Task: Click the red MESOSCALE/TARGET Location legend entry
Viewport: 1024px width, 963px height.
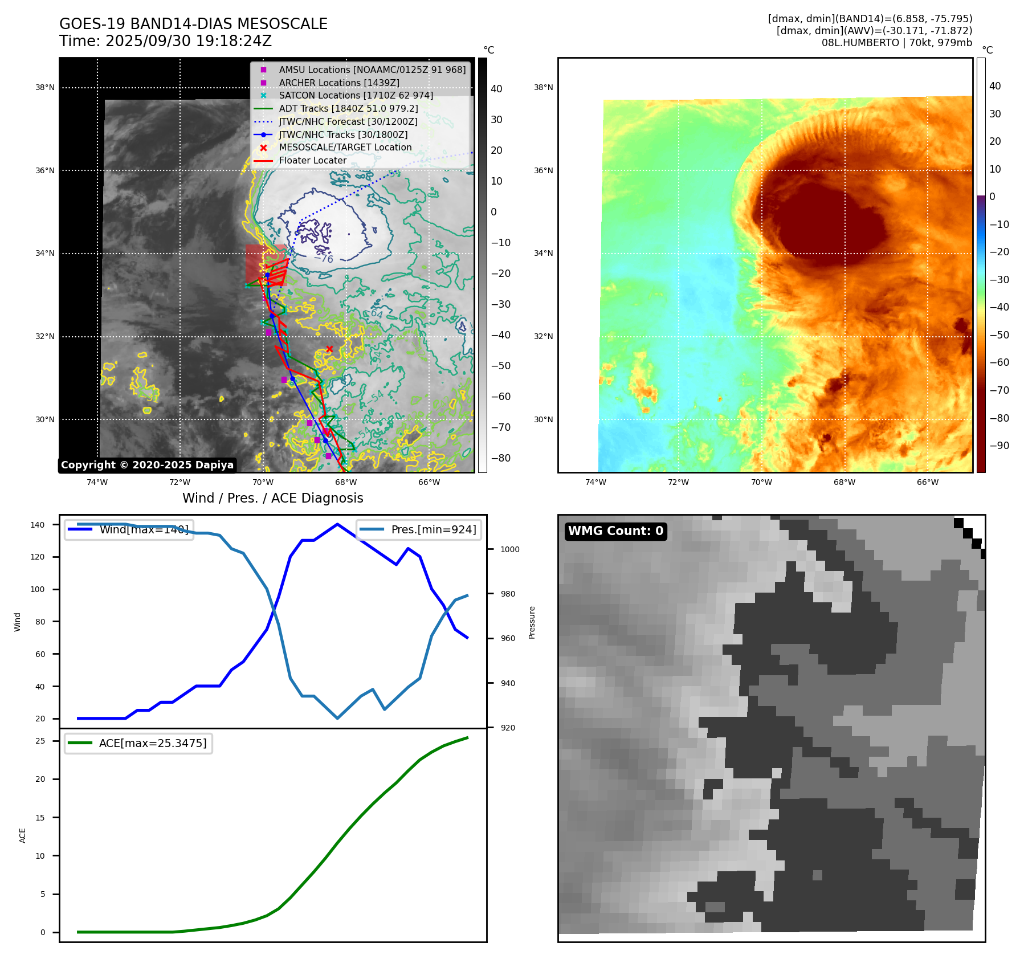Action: tap(345, 148)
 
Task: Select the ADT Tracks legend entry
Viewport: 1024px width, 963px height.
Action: tap(348, 108)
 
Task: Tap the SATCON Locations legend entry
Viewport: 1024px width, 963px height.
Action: tap(356, 95)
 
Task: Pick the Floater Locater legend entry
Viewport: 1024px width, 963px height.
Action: tap(312, 161)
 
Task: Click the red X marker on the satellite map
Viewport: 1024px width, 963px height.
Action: tap(329, 349)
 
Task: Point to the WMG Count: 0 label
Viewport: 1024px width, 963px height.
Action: tap(615, 531)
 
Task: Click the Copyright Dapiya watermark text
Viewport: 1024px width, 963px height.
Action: tap(147, 465)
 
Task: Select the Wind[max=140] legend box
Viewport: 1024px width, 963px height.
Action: tap(129, 529)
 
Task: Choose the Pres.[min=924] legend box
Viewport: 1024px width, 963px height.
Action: tap(419, 529)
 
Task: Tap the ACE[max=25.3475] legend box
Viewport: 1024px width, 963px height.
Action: tap(138, 743)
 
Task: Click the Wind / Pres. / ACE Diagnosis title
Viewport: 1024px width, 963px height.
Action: tap(272, 498)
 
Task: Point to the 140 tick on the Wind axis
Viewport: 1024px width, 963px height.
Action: tap(38, 525)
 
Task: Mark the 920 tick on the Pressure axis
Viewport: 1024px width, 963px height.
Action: tap(507, 728)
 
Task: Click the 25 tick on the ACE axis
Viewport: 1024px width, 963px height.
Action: tap(40, 741)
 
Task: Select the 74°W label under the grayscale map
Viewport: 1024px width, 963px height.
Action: tap(97, 482)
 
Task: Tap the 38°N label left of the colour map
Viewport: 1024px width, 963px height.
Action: tap(543, 88)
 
